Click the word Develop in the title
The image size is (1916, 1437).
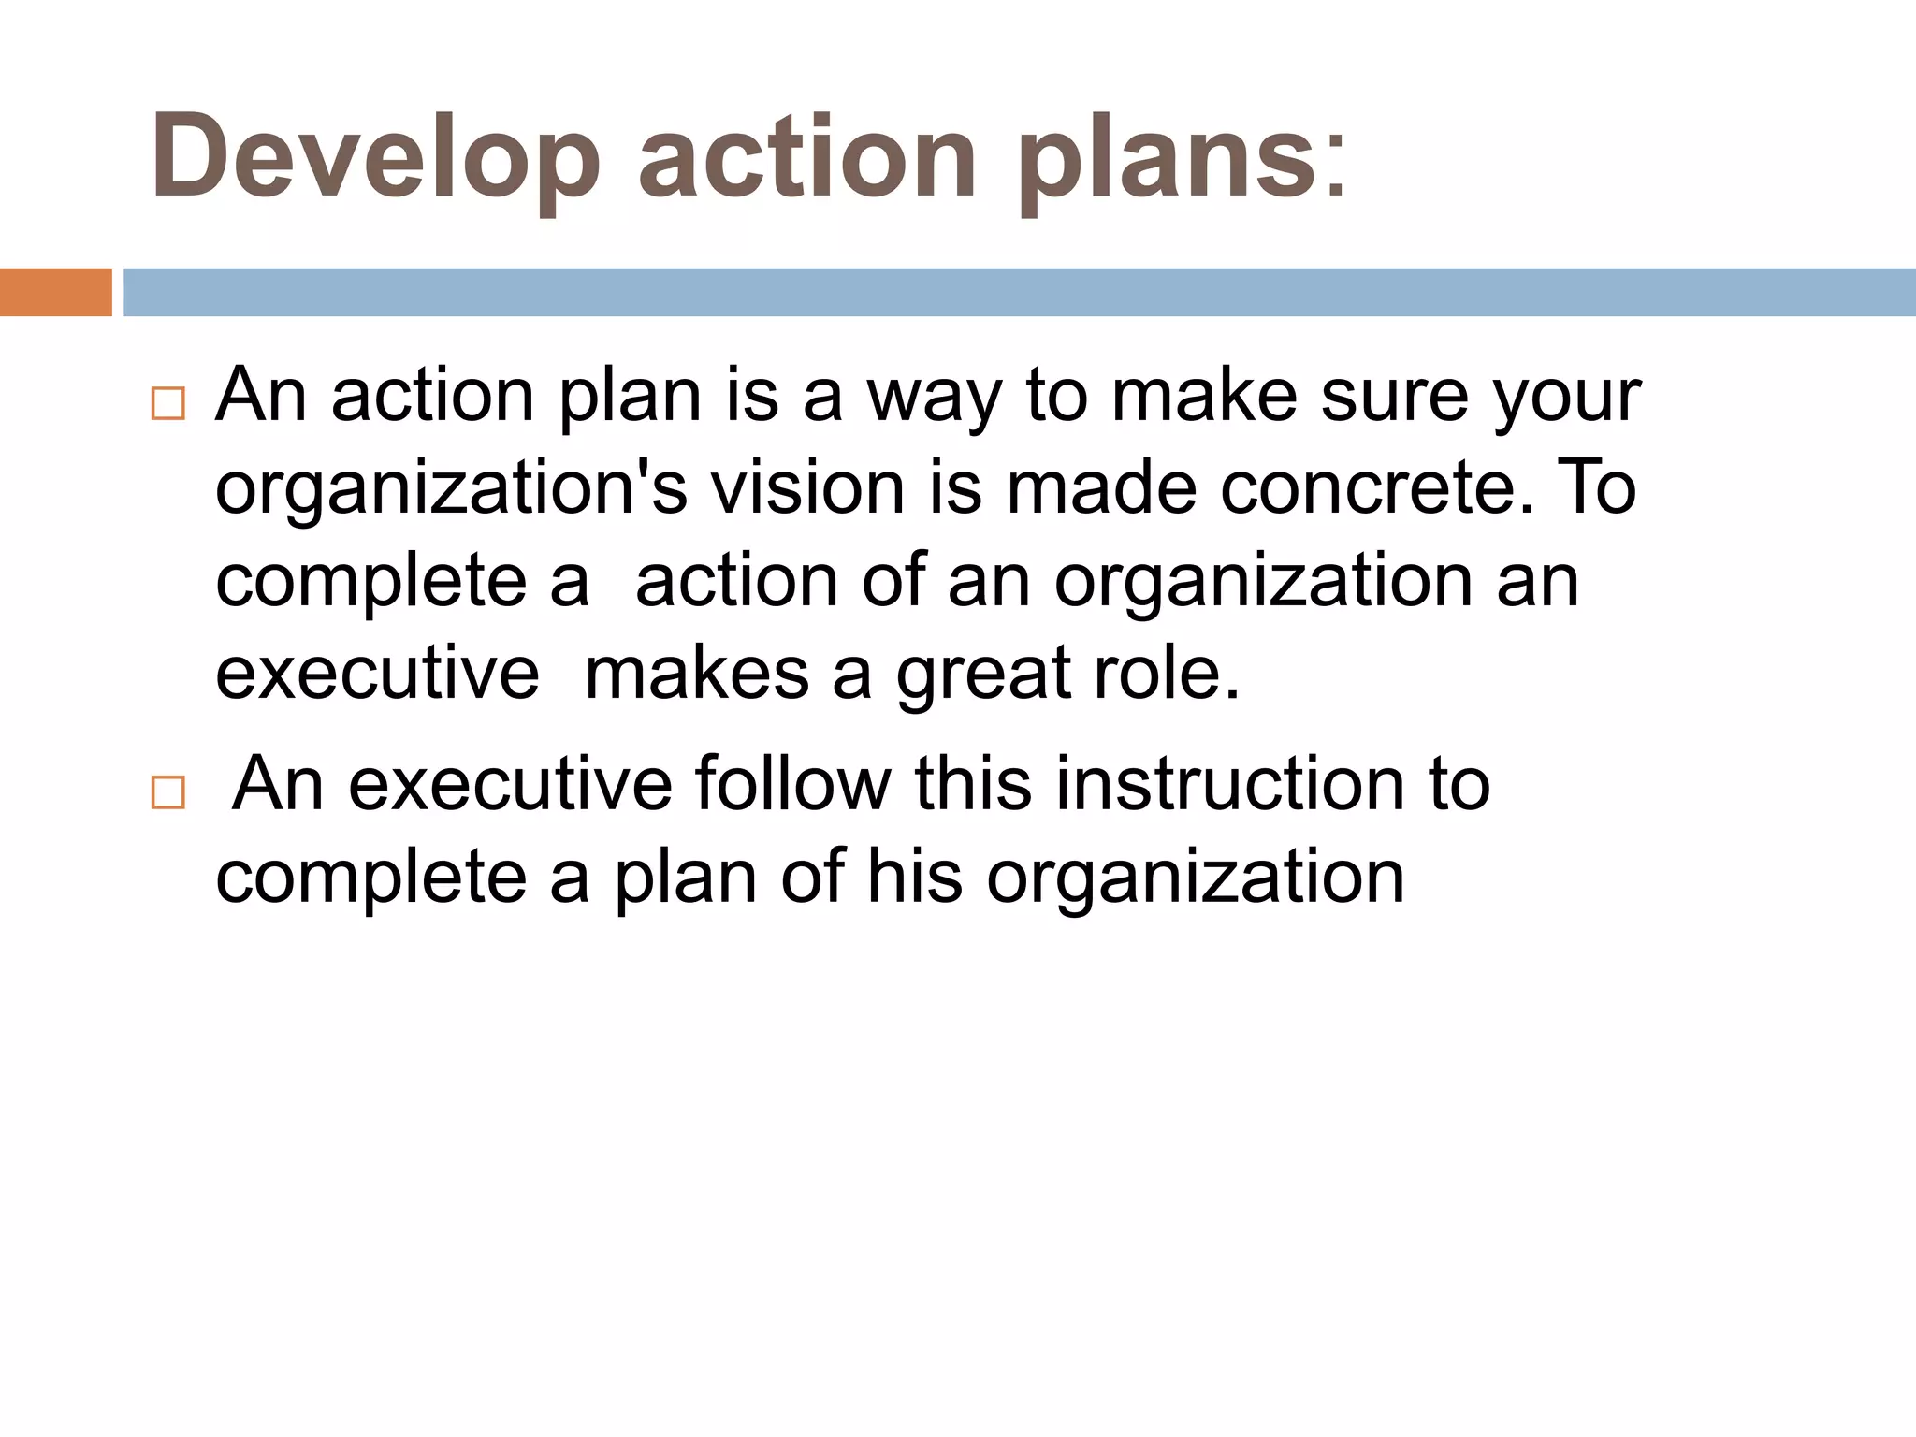click(374, 157)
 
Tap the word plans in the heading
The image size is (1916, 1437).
click(1169, 157)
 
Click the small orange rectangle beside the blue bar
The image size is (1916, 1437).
click(55, 292)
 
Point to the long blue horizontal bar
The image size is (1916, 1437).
click(1020, 292)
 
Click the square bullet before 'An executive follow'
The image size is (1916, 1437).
click(167, 792)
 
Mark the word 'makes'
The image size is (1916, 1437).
click(696, 674)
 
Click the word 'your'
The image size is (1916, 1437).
click(1567, 399)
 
